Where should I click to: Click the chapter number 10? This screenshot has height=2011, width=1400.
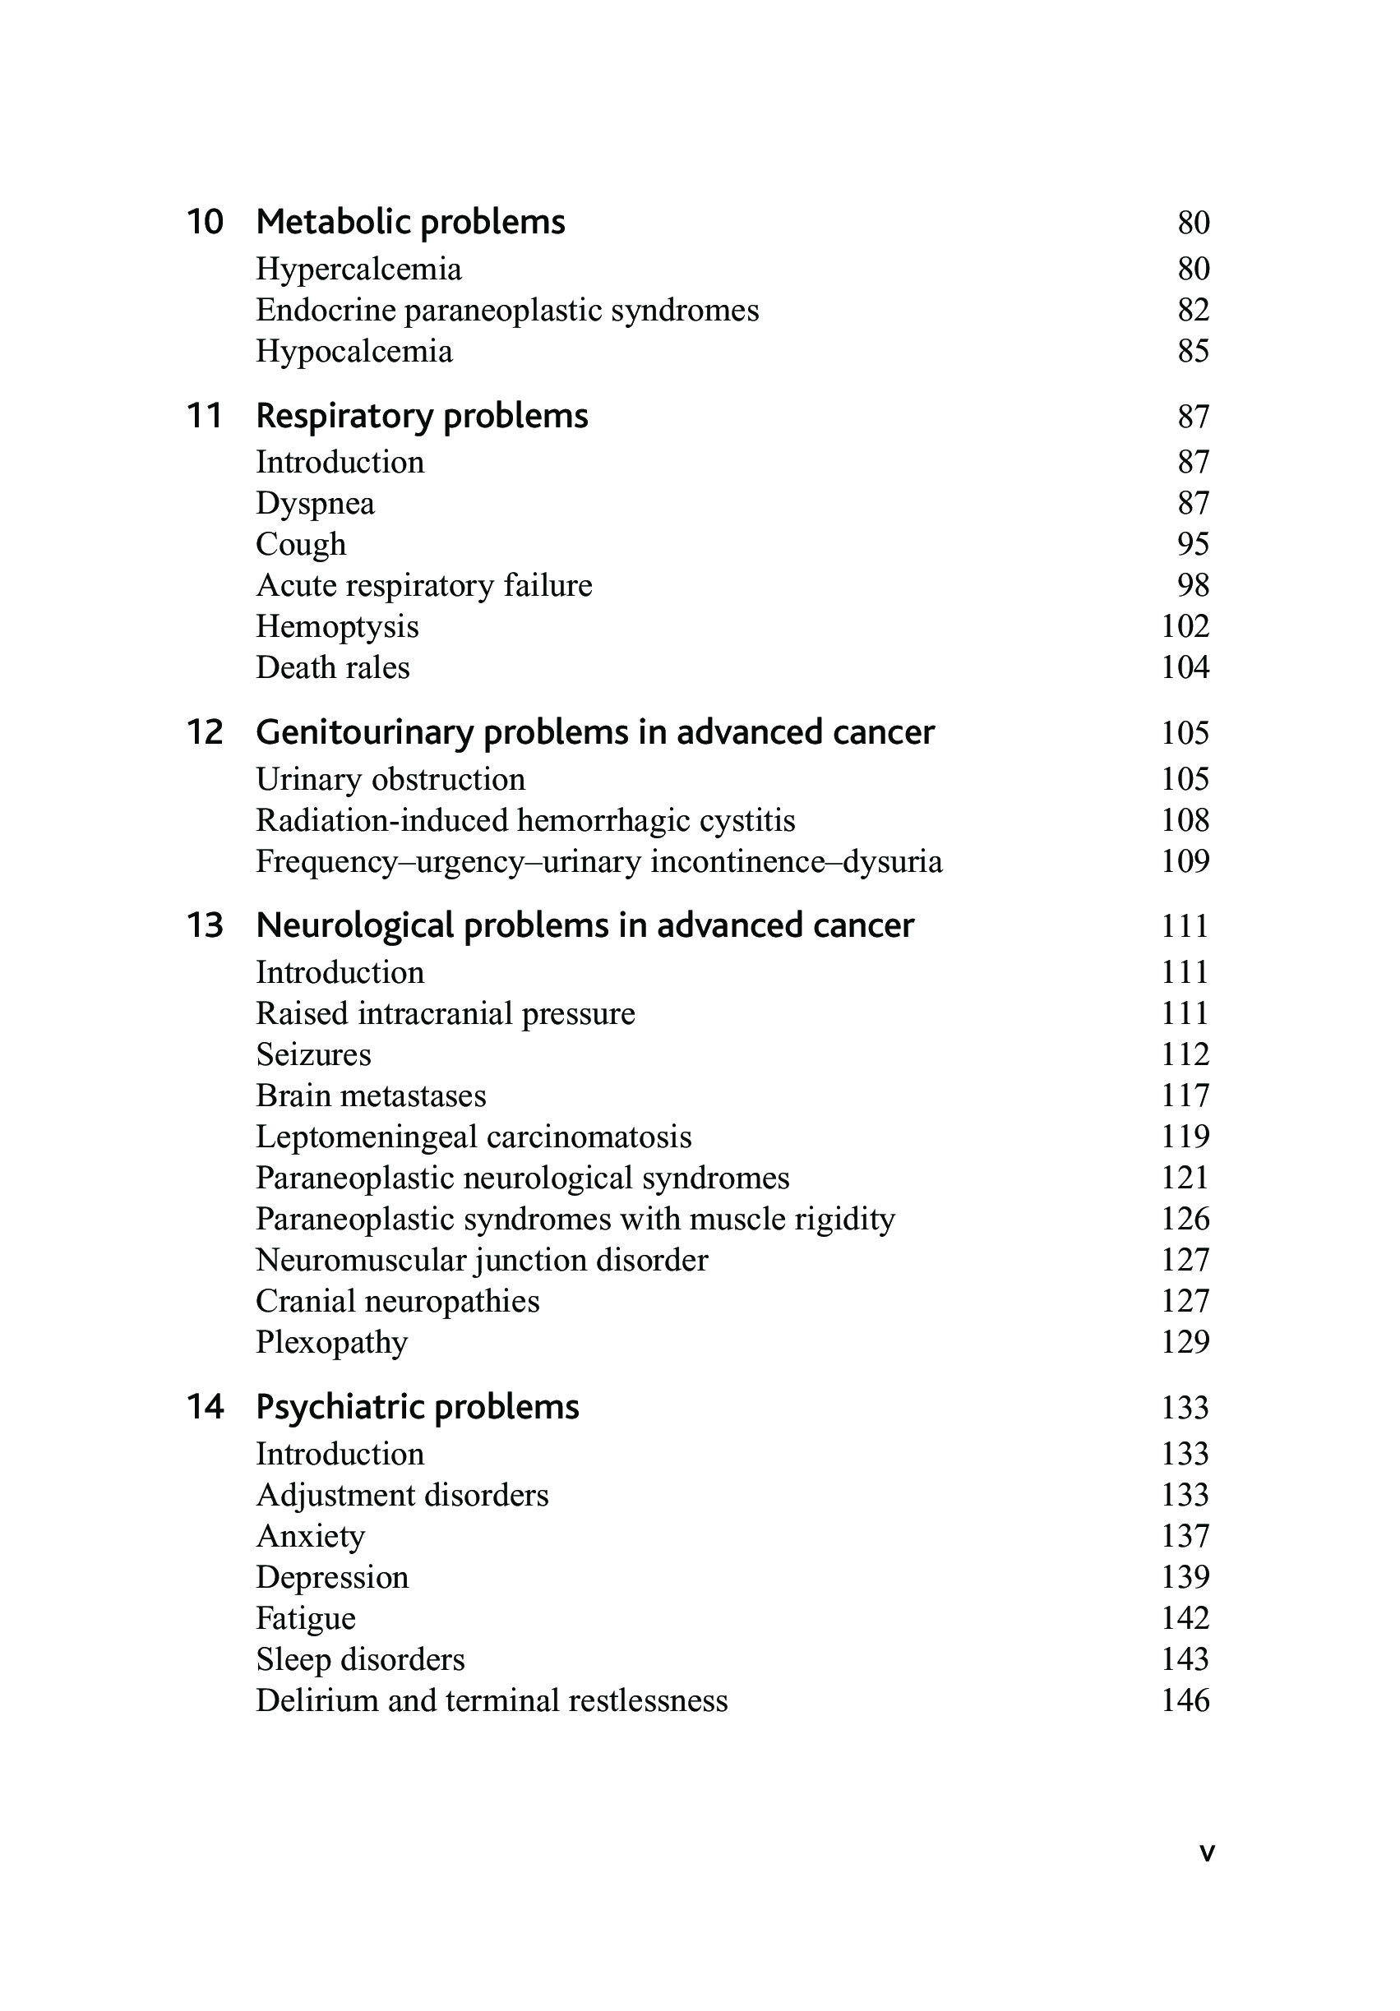(205, 222)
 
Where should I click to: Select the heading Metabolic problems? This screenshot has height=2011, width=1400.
(410, 222)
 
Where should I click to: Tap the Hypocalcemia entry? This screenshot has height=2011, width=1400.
(354, 351)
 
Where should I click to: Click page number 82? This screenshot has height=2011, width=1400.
(1193, 310)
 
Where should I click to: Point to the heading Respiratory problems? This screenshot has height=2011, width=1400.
(422, 415)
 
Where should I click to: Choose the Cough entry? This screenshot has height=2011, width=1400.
(301, 544)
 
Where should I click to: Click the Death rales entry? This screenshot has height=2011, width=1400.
(332, 667)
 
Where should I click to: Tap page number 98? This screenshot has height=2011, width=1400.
(1193, 585)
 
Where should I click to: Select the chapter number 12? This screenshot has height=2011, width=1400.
(205, 732)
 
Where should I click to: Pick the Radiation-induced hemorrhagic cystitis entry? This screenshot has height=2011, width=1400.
(524, 821)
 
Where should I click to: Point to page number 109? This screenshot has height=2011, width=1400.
(1185, 862)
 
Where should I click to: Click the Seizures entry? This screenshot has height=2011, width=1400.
(312, 1054)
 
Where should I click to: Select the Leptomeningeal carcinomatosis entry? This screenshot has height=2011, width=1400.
(473, 1137)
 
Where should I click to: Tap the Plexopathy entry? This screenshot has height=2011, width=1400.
(331, 1342)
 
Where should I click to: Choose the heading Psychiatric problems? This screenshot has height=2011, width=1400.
(417, 1407)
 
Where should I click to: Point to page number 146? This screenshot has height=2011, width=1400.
(1185, 1701)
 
